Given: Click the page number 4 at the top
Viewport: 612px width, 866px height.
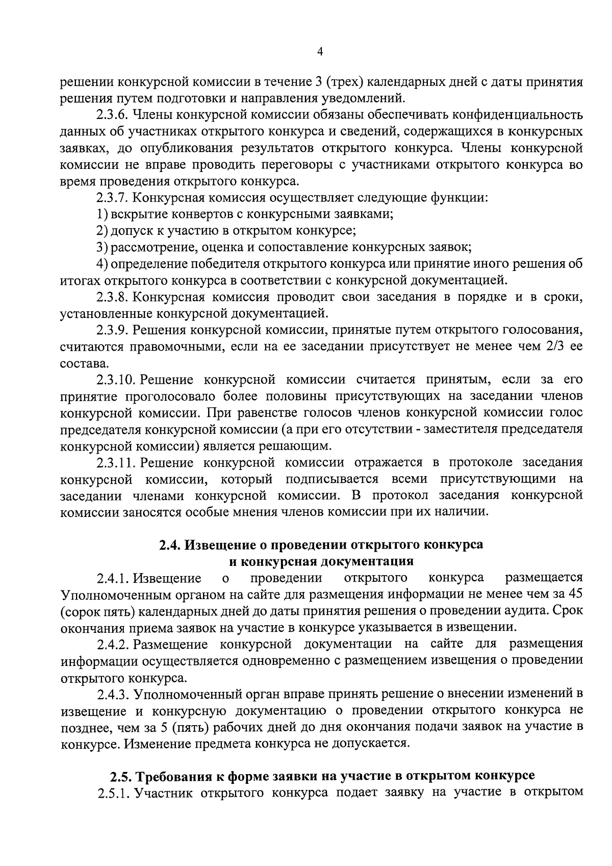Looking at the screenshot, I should [320, 51].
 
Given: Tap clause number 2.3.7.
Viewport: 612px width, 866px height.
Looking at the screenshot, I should [112, 197].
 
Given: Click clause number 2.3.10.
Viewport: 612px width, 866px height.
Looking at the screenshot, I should [115, 380].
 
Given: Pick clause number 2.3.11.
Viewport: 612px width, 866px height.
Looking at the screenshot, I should [115, 462].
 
